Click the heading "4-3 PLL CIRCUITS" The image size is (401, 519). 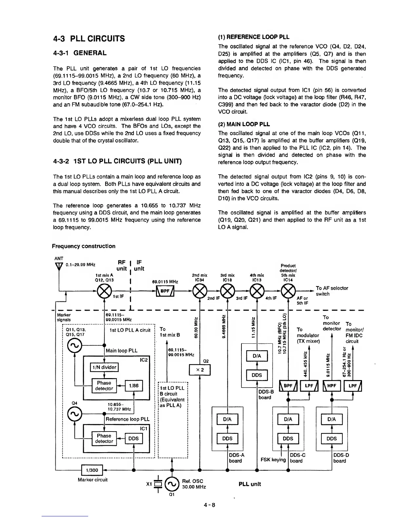click(x=89, y=39)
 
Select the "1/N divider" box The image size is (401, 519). click(x=104, y=368)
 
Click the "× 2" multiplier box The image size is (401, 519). click(x=200, y=370)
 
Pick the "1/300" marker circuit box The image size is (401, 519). click(x=91, y=470)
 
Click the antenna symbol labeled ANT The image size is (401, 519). click(x=59, y=266)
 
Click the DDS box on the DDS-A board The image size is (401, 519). click(x=227, y=439)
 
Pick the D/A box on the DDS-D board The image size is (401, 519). click(x=332, y=419)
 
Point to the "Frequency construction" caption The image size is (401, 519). click(x=84, y=246)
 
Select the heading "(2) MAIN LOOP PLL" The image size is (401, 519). click(x=244, y=124)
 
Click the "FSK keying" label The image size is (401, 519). click(x=273, y=460)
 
